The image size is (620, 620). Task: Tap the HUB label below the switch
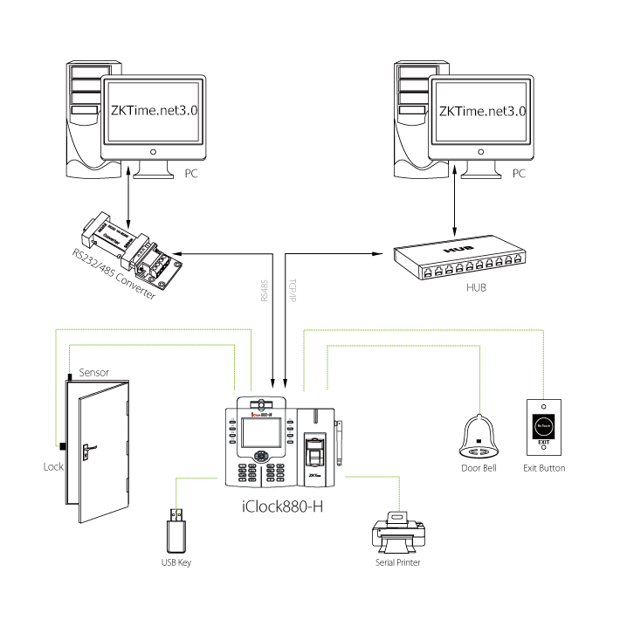476,286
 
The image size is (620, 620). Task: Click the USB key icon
176,529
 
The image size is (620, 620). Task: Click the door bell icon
478,437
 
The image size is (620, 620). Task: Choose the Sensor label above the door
94,372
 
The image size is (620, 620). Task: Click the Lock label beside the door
53,466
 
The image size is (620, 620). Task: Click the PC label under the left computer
192,174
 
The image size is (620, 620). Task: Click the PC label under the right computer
519,174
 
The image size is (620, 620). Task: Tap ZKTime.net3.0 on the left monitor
155,112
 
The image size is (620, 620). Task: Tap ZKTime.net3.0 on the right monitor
482,112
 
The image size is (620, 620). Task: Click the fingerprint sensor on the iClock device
315,453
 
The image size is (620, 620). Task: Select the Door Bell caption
478,468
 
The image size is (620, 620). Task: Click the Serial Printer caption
397,563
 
